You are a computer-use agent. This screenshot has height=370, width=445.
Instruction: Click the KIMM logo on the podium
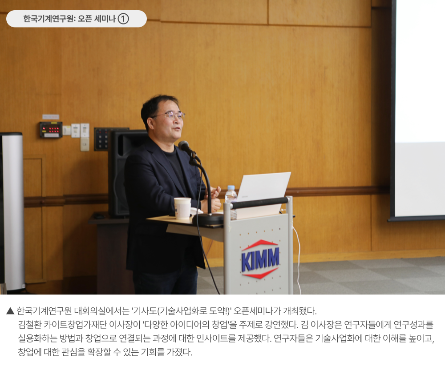tap(260, 259)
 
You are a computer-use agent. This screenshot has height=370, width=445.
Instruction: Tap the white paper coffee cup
tap(182, 208)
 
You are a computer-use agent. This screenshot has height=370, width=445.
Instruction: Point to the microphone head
tap(184, 146)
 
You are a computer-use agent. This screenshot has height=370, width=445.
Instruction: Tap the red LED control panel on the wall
tap(51, 130)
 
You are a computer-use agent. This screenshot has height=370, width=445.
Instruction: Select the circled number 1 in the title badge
tap(123, 19)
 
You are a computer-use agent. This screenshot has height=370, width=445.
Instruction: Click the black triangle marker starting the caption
tap(10, 311)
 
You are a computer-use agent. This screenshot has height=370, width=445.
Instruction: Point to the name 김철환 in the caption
tap(29, 324)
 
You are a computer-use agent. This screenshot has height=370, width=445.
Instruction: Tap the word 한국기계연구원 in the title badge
tap(48, 19)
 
